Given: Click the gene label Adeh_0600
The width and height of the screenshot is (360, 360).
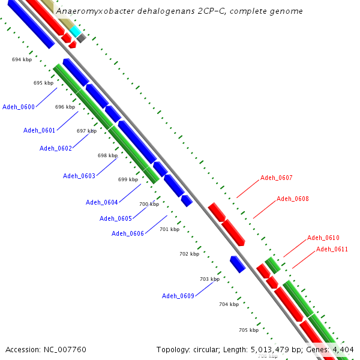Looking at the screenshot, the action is click(19, 107).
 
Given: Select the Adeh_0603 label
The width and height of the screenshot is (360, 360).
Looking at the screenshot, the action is click(79, 176).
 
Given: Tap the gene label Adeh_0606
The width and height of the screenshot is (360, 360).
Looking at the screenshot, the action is click(128, 233).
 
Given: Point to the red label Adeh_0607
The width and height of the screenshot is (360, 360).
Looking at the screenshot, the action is click(277, 178).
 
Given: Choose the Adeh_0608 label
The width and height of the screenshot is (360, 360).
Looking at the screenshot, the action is click(293, 199).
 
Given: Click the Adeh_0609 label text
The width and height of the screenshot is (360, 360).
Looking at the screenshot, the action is click(178, 296).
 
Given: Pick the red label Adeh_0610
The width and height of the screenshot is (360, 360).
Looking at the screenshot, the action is click(323, 238).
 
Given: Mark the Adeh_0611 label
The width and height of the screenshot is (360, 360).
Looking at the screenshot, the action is click(332, 249).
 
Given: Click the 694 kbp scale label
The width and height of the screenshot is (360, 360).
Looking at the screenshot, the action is click(22, 59).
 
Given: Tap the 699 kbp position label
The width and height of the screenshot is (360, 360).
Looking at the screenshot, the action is click(128, 179).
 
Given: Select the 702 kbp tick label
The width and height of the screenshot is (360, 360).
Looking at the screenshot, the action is click(189, 254).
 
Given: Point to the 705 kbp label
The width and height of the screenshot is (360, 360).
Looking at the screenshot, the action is click(248, 330).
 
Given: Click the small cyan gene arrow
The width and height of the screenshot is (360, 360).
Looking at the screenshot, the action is click(76, 30).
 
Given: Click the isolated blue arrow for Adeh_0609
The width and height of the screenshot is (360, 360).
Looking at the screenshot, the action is click(238, 264).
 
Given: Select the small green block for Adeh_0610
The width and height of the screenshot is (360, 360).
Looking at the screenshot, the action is click(273, 265).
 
